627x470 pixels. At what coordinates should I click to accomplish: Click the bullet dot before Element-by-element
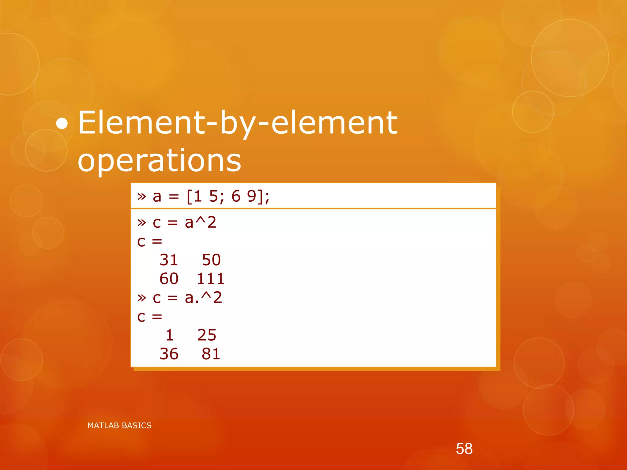[62, 124]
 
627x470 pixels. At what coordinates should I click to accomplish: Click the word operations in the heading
[159, 160]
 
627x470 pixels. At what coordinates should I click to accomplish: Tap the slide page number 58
[464, 449]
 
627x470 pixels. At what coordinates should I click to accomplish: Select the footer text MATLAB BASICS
[119, 425]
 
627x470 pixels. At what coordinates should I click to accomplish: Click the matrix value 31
[169, 260]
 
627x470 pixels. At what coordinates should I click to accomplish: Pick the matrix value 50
[211, 260]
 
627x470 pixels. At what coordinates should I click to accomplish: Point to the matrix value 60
[169, 279]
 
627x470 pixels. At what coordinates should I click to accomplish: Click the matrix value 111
[211, 279]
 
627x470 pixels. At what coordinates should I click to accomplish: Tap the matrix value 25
[207, 335]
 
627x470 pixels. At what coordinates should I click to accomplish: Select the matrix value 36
[169, 354]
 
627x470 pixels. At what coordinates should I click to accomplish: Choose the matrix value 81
[211, 354]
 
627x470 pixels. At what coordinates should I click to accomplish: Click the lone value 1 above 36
[170, 335]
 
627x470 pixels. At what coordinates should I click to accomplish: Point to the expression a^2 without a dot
[201, 222]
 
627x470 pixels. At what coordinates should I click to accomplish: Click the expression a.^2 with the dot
[203, 297]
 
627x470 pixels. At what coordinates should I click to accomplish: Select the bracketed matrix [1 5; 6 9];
[228, 196]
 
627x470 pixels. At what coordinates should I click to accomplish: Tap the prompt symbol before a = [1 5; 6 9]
[141, 196]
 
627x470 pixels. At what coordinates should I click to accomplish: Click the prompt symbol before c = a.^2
[141, 297]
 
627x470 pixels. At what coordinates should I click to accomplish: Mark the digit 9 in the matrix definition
[252, 196]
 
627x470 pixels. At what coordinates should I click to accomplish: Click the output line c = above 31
[149, 241]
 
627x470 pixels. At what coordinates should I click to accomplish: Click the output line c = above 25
[149, 317]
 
